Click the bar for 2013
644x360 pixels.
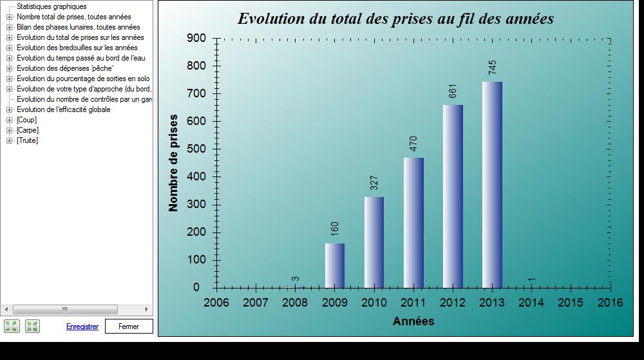click(492, 185)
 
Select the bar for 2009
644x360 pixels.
click(335, 265)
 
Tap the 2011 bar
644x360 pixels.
click(413, 223)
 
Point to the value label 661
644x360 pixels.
click(453, 91)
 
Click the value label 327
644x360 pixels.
click(374, 183)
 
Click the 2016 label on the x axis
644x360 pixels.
click(610, 303)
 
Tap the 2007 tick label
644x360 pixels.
click(256, 303)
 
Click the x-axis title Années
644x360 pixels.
click(413, 321)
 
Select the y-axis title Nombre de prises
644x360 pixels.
click(173, 163)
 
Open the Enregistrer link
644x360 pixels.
click(82, 327)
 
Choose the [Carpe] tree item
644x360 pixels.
click(28, 130)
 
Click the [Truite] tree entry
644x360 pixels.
click(27, 140)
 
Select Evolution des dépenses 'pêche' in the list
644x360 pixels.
click(65, 68)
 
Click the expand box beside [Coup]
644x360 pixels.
click(9, 120)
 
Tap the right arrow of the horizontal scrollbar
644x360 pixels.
click(147, 309)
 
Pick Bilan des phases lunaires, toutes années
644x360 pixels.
click(79, 27)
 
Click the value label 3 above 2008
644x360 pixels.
click(295, 279)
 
